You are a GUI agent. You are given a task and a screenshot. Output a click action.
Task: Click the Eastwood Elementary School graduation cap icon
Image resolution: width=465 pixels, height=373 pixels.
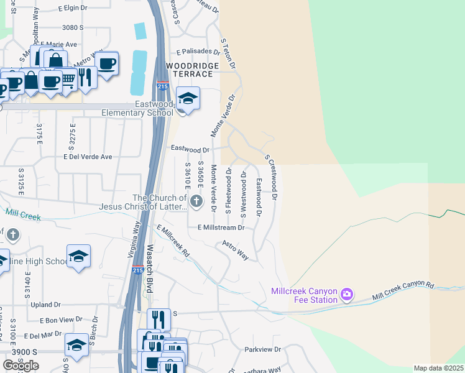tap(188, 98)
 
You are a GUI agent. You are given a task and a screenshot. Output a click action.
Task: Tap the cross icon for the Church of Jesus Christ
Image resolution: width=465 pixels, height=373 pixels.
tap(196, 200)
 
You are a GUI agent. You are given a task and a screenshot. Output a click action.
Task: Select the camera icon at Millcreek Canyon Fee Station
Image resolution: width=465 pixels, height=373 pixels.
tap(347, 293)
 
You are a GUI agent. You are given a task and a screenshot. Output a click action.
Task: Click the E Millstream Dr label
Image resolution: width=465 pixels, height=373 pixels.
tap(221, 228)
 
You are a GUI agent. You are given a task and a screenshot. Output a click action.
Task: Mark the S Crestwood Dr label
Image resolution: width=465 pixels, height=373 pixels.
tap(271, 177)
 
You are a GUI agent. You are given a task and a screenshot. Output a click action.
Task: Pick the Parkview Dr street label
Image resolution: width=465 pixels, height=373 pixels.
tap(262, 349)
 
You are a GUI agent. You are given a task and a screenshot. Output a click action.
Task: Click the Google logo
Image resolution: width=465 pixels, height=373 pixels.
tap(21, 365)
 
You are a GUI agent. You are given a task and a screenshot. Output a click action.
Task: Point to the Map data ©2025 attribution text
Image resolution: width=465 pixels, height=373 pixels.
tap(438, 368)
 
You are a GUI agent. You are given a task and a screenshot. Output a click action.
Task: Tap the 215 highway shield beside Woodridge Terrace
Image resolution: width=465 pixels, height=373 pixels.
tap(162, 86)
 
